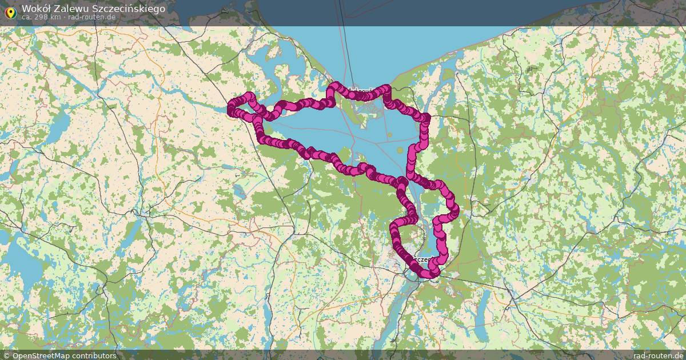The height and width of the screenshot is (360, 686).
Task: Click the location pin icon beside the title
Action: point(10,11)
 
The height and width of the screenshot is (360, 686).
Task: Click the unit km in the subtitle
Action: point(56,17)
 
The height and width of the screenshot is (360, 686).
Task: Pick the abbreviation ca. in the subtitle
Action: point(27,17)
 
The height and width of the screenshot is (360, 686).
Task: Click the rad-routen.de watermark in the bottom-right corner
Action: point(658,355)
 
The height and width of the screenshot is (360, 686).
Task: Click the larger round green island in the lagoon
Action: point(400,150)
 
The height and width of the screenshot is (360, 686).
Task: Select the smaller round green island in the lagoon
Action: point(389,135)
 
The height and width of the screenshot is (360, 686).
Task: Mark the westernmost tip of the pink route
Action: point(231,110)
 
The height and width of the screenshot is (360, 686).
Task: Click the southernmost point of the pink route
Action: point(428,275)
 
